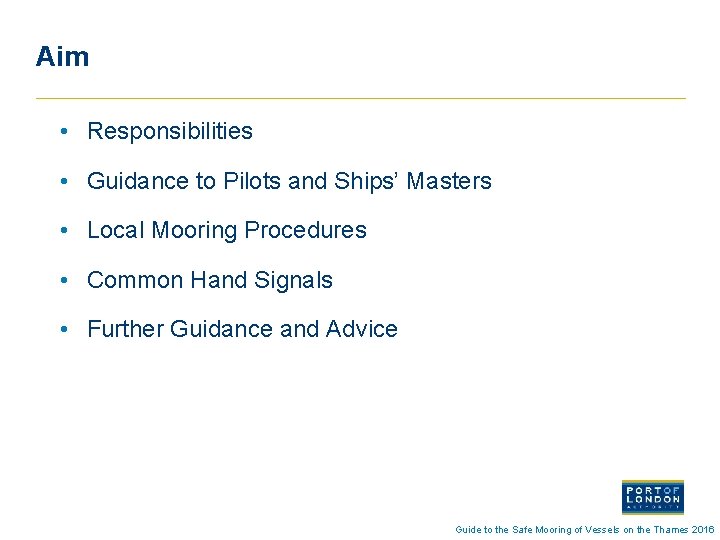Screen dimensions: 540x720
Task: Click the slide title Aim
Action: tap(62, 56)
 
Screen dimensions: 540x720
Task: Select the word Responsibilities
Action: tap(170, 131)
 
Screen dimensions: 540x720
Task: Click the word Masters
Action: tap(449, 181)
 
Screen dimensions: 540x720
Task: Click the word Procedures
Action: tap(305, 230)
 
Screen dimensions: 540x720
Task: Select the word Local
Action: tap(116, 230)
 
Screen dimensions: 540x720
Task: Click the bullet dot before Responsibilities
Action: tap(63, 131)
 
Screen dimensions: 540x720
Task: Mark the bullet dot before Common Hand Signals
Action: tap(63, 280)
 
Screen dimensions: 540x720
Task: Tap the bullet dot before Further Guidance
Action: tap(63, 329)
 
